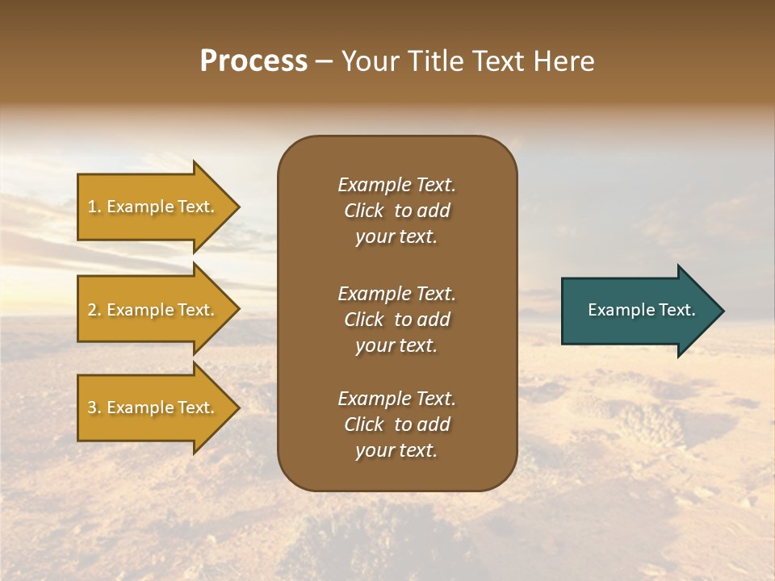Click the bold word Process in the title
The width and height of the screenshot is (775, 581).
tap(253, 61)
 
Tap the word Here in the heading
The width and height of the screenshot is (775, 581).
tap(563, 61)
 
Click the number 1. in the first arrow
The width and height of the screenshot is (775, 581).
tap(94, 207)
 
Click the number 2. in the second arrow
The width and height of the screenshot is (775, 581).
tap(94, 310)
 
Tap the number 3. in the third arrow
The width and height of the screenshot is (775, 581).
tap(94, 408)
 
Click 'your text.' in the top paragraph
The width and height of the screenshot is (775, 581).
tap(396, 237)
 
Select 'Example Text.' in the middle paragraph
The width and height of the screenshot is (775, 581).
tap(396, 294)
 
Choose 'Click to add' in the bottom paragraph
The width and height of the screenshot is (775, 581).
tap(396, 424)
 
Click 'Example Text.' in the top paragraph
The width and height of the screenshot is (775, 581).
tap(396, 185)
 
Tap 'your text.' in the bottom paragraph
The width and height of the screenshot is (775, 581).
tap(396, 451)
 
